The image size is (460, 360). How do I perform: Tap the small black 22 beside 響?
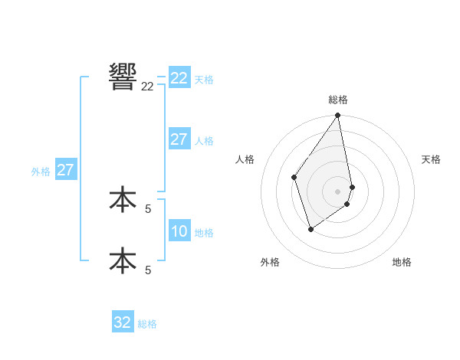[147, 87]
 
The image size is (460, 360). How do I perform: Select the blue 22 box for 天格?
[179, 78]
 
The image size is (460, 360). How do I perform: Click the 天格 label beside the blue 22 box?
[204, 79]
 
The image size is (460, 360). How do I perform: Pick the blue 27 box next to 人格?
[179, 139]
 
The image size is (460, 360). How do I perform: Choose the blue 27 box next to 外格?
[65, 170]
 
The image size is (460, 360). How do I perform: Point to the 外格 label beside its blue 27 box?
[41, 172]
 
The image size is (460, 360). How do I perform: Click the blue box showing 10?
[179, 231]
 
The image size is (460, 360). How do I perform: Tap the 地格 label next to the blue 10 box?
[204, 233]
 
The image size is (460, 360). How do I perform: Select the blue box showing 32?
[123, 322]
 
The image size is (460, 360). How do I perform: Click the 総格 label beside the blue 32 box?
[147, 324]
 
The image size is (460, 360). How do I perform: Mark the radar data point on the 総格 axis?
[338, 116]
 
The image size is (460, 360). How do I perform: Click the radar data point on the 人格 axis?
[294, 177]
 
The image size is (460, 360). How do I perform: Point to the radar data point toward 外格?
[310, 229]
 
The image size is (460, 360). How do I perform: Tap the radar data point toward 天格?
[352, 187]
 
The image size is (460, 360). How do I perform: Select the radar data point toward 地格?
[347, 204]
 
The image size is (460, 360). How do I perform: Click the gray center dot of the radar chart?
[338, 191]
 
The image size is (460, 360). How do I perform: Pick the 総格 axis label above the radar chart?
[338, 100]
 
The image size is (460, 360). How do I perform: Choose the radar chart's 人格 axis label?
[245, 159]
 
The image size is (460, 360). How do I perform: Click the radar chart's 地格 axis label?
[402, 262]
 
